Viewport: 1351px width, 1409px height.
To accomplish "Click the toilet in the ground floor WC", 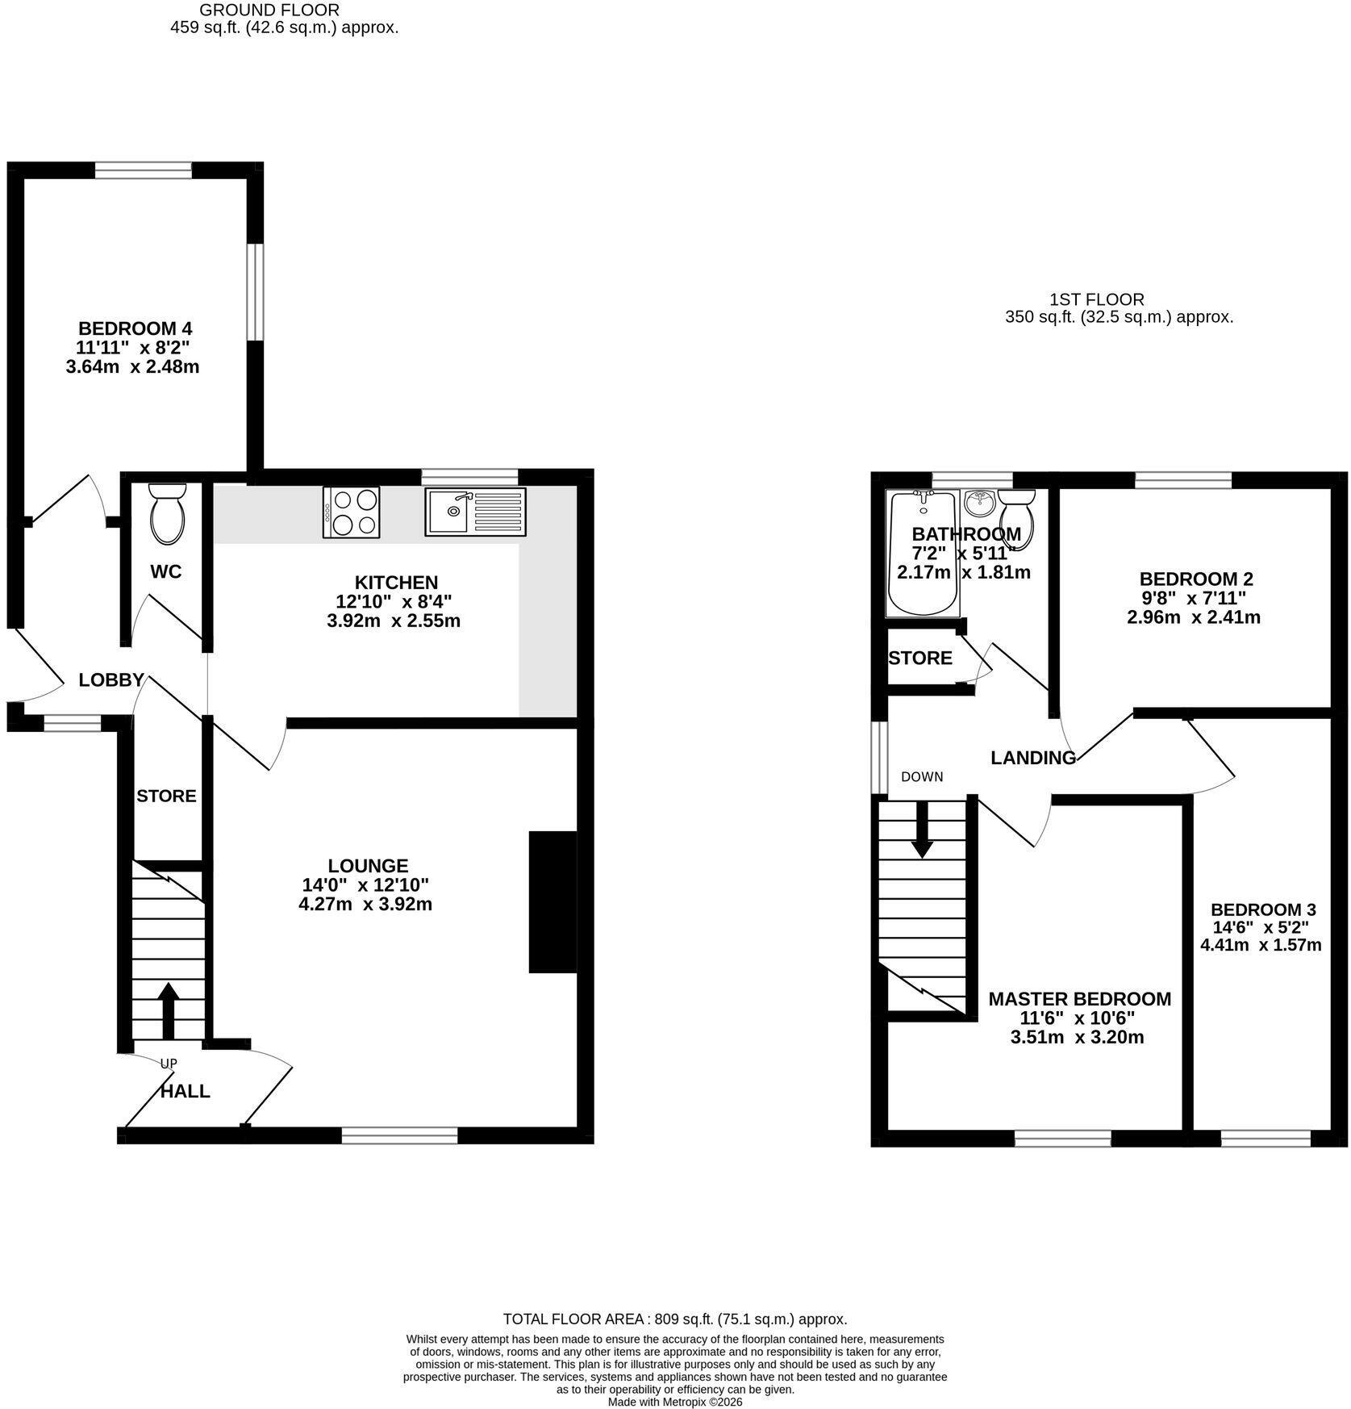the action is tap(168, 512).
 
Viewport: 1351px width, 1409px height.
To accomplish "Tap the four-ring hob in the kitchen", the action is tap(351, 512).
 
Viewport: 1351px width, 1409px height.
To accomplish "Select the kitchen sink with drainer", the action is tap(475, 512).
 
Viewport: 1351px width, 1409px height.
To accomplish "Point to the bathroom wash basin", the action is tap(981, 504).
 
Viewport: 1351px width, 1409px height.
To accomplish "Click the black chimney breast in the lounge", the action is tap(553, 901).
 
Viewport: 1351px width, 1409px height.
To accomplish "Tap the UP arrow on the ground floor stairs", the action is tap(169, 1010).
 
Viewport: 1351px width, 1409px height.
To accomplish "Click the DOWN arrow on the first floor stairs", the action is tap(922, 829).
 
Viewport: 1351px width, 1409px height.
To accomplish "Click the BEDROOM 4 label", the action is tap(135, 328).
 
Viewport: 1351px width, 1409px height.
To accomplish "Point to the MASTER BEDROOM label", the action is tap(1079, 998).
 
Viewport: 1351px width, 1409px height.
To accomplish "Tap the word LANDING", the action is tap(1033, 758).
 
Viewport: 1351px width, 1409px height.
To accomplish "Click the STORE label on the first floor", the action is tap(920, 658).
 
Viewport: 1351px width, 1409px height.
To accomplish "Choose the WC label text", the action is tap(166, 571).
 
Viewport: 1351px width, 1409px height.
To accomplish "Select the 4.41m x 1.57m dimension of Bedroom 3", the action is tap(1261, 944).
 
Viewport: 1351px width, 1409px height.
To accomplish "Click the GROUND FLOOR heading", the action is tap(269, 10).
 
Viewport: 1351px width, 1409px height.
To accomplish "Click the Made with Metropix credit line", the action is tap(675, 1403).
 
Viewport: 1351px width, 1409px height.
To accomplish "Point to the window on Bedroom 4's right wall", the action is tap(255, 292).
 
